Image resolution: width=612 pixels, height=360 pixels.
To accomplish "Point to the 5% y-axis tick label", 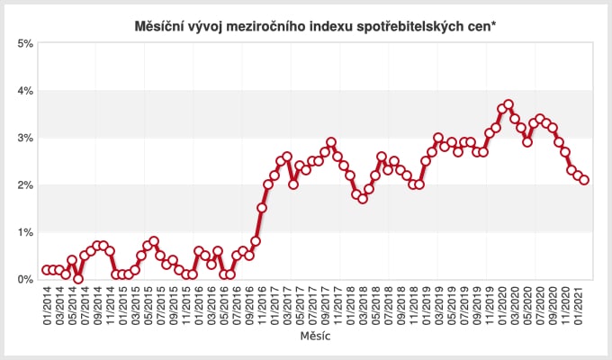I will tap(25, 43).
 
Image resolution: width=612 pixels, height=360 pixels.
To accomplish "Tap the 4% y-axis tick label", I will tap(25, 90).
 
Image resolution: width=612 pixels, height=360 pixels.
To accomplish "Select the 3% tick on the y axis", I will tap(25, 138).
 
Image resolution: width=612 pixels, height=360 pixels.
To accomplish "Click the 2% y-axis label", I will tap(25, 184).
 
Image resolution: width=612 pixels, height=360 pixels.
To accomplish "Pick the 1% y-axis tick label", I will tap(25, 232).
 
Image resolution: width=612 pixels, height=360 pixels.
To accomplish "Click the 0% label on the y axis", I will tap(25, 279).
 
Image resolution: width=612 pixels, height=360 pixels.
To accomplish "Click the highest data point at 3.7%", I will tap(508, 104).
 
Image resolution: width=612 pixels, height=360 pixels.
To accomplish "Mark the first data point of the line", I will tap(47, 270).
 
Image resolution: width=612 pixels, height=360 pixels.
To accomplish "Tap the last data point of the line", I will tap(585, 180).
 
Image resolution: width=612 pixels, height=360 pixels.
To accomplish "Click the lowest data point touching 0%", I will tap(78, 279).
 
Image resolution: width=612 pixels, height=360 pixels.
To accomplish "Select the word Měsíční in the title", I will tap(158, 26).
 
